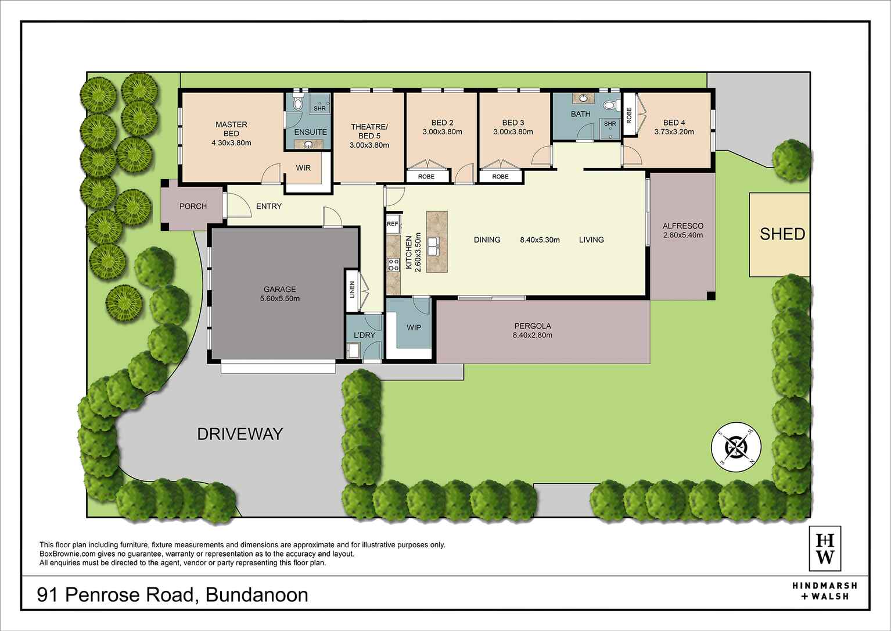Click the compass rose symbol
point(736,447)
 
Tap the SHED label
point(782,234)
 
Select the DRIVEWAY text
point(240,434)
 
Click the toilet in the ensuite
point(298,105)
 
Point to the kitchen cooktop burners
point(393,265)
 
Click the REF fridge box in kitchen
point(393,223)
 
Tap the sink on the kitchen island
point(434,247)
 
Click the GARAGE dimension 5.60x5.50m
point(280,299)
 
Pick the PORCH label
point(193,206)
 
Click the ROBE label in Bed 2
point(426,176)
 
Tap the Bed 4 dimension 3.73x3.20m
point(674,132)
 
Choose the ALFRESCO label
point(682,226)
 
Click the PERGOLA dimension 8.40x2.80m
point(532,336)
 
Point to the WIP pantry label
point(414,327)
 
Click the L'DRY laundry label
point(364,335)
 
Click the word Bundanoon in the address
point(257,595)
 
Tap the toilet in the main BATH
point(609,106)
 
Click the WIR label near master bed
point(303,168)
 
